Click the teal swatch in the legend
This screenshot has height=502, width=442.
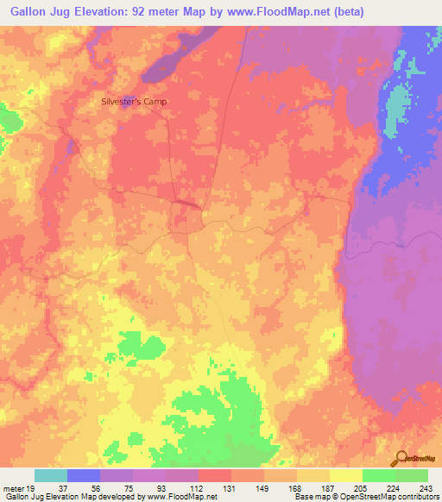(51, 475)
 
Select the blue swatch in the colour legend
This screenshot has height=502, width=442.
(84, 475)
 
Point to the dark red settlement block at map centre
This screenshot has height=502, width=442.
(186, 204)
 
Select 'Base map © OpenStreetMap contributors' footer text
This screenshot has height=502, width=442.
(363, 496)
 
